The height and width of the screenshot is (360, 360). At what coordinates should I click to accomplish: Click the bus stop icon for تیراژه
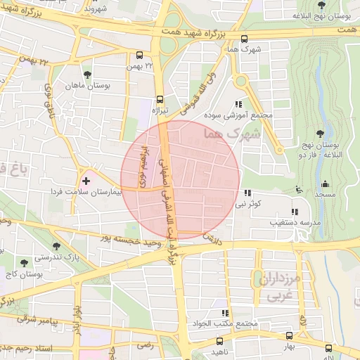pyautogui.click(x=160, y=99)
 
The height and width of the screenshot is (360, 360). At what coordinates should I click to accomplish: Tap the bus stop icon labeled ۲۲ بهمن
pyautogui.click(x=139, y=55)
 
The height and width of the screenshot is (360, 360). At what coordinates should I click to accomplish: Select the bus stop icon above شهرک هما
pyautogui.click(x=244, y=39)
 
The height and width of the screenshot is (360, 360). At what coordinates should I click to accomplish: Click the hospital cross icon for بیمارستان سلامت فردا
pyautogui.click(x=86, y=181)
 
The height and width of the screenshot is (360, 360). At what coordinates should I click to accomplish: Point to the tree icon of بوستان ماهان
pyautogui.click(x=86, y=74)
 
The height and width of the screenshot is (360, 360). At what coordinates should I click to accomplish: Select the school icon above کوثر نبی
pyautogui.click(x=247, y=192)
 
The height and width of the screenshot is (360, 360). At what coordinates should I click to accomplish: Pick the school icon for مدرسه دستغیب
pyautogui.click(x=294, y=211)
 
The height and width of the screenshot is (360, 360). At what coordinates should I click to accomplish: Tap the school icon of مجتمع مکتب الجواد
pyautogui.click(x=225, y=313)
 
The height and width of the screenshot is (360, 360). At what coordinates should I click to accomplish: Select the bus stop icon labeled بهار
pyautogui.click(x=288, y=336)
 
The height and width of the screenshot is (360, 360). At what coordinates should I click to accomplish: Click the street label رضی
pyautogui.click(x=144, y=345)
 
